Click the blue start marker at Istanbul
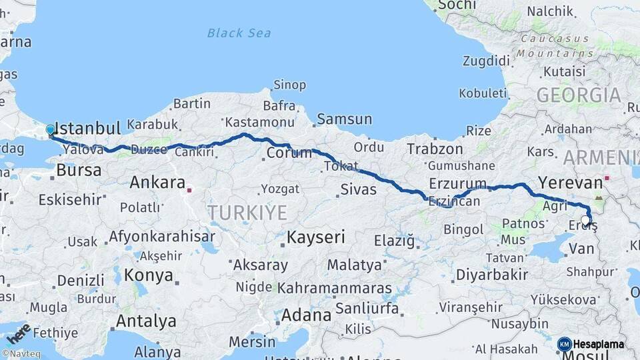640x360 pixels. pyautogui.click(x=50, y=130)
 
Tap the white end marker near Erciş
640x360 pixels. pyautogui.click(x=585, y=220)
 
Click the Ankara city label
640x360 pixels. pyautogui.click(x=157, y=182)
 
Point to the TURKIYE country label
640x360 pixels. pyautogui.click(x=247, y=213)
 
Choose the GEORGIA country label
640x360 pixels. pyautogui.click(x=579, y=95)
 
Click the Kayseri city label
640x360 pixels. pyautogui.click(x=316, y=237)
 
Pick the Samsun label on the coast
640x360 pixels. pyautogui.click(x=344, y=119)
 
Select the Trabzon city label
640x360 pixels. pyautogui.click(x=435, y=149)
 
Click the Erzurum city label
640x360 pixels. pyautogui.click(x=458, y=183)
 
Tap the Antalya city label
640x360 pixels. pyautogui.click(x=146, y=321)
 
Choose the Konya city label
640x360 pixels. pyautogui.click(x=149, y=275)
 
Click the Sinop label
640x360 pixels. pyautogui.click(x=290, y=85)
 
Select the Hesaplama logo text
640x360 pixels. pyautogui.click(x=599, y=344)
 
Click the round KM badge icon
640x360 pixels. pyautogui.click(x=564, y=344)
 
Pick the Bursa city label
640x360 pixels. pyautogui.click(x=78, y=170)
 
